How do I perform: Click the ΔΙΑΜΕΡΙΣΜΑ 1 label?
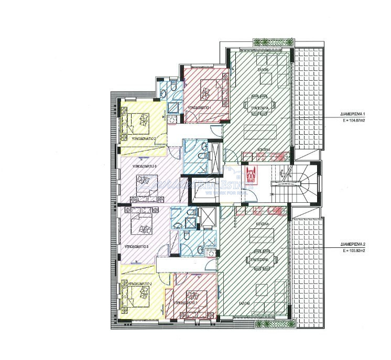tap(352, 114)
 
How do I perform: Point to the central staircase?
tap(294, 181)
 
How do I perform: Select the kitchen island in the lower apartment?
tap(260, 236)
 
